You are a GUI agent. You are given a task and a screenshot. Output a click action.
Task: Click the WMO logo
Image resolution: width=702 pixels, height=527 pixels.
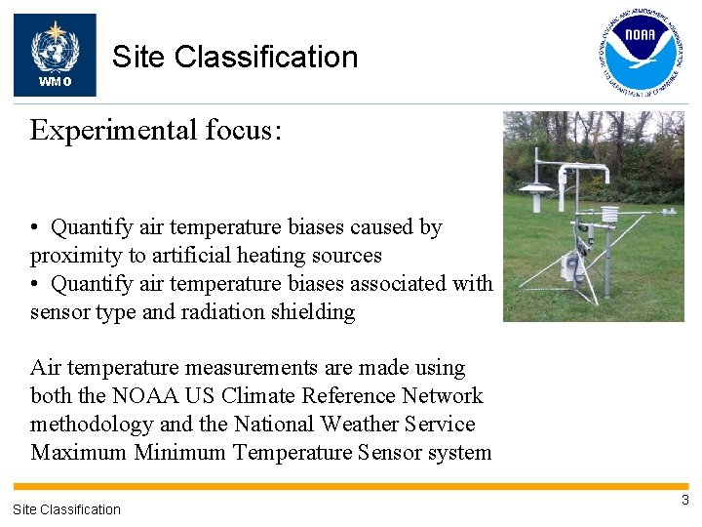point(55,55)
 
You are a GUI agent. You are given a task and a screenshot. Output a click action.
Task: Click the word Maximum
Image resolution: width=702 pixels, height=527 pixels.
point(79,453)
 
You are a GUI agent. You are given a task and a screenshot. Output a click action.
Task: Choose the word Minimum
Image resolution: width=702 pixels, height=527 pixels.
point(180,453)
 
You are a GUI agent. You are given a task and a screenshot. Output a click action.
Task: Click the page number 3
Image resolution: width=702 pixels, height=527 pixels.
point(684,501)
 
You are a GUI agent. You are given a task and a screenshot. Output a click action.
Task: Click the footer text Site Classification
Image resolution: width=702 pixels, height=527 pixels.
point(66,509)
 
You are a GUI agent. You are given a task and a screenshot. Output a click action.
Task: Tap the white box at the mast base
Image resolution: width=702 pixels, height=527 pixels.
point(571,263)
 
